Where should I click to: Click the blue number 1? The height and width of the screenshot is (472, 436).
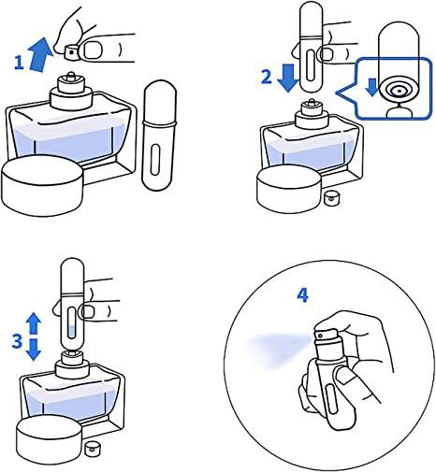tap(20, 63)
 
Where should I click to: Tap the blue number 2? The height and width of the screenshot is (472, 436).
tap(266, 77)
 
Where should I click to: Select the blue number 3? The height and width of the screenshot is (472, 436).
tap(17, 341)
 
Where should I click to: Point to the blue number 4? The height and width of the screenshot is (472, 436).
tap(302, 295)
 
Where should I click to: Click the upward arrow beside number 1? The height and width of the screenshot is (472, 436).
tap(40, 54)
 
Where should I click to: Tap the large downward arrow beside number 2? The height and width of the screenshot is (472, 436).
tap(288, 78)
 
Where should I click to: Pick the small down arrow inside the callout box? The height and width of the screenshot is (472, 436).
tap(371, 87)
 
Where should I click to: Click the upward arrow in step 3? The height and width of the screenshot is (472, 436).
tap(34, 324)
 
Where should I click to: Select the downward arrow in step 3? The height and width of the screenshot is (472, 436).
tap(34, 350)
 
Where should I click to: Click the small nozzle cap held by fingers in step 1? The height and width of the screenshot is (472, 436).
tap(71, 52)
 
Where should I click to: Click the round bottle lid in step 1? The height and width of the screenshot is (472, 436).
tap(43, 186)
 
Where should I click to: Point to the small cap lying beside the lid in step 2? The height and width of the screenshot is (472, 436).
tap(329, 198)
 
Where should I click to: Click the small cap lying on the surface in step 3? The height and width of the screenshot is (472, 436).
tap(91, 448)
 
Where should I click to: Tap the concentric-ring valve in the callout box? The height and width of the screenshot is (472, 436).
tap(399, 91)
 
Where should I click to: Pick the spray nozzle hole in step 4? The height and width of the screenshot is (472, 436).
tap(320, 336)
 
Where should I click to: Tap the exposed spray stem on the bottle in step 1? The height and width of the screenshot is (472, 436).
tap(71, 75)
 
